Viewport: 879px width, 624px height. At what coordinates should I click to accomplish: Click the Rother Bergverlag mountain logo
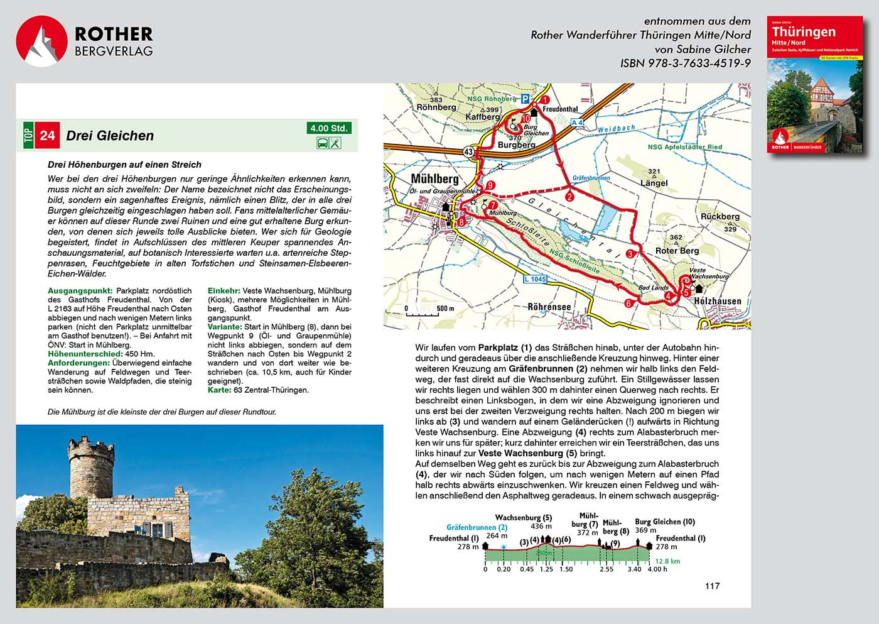click(41, 41)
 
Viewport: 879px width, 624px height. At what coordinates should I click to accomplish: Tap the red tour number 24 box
click(48, 136)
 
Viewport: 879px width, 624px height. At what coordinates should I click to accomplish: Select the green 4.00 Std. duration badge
click(329, 128)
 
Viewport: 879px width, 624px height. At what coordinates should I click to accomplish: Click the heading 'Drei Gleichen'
click(110, 136)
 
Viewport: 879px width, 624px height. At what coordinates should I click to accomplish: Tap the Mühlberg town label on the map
click(434, 179)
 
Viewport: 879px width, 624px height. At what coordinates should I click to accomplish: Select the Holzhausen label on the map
click(717, 302)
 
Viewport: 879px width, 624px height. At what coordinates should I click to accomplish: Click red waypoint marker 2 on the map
click(569, 197)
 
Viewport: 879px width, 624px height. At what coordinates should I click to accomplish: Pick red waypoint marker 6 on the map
click(628, 304)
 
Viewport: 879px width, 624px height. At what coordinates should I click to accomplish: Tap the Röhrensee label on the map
click(549, 307)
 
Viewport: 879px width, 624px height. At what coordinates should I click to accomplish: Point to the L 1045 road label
click(535, 279)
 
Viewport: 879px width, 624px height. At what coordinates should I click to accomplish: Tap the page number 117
click(712, 586)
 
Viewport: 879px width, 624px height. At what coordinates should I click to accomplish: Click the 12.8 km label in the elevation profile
click(667, 561)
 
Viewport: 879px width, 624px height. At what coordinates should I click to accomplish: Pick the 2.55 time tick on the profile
click(606, 569)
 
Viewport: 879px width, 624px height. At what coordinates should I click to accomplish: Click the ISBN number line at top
click(685, 63)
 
